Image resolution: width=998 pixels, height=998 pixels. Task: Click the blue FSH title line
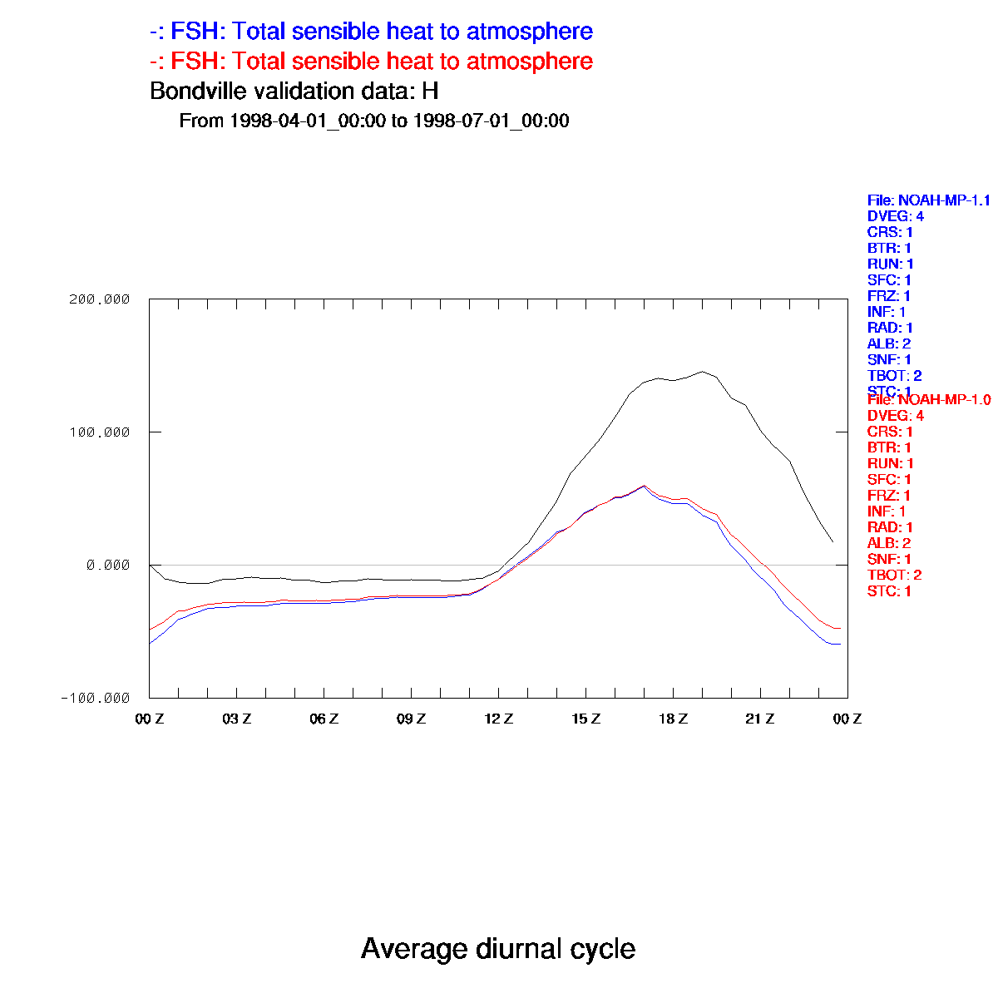tap(371, 32)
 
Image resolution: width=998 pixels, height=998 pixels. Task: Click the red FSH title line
tap(371, 62)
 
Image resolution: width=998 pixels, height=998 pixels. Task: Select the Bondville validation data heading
tap(294, 91)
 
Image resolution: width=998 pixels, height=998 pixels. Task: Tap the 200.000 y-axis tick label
tap(98, 299)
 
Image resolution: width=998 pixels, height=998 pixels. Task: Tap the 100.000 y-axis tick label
tap(98, 432)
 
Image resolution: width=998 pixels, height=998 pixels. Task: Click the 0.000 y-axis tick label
tap(108, 566)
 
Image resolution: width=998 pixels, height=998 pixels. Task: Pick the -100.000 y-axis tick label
tap(95, 698)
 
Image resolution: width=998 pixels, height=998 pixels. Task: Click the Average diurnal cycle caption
tap(498, 949)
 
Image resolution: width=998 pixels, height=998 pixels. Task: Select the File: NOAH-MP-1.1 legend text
tap(928, 200)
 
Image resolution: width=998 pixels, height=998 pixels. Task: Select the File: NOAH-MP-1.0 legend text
tap(928, 400)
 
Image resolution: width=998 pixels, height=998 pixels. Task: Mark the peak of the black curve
tap(702, 372)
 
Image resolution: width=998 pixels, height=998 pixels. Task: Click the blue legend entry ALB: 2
tap(889, 343)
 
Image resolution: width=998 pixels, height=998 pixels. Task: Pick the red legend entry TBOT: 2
tap(894, 576)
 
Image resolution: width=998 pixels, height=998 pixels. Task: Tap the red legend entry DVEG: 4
tap(895, 416)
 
